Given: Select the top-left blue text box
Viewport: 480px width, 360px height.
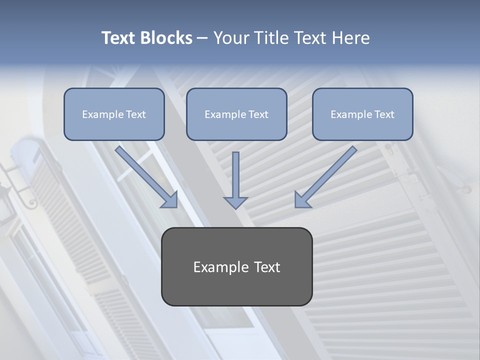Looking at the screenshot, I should pos(114,114).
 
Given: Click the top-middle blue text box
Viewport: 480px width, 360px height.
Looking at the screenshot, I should pos(236,114).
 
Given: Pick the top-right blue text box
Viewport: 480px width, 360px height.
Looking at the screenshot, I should pos(362,114).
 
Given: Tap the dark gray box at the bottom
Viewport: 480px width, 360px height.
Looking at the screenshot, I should pos(236,266).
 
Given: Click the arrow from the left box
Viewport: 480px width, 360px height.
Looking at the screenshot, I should pos(145,175).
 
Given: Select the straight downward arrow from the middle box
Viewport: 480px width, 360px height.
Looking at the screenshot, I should pos(235,177).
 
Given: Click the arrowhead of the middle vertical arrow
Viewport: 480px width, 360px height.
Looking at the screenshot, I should pos(235,202).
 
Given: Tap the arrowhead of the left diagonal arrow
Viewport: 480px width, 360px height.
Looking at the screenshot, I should pos(170,199).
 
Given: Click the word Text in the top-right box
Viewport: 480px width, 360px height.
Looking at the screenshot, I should pos(384,114).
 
